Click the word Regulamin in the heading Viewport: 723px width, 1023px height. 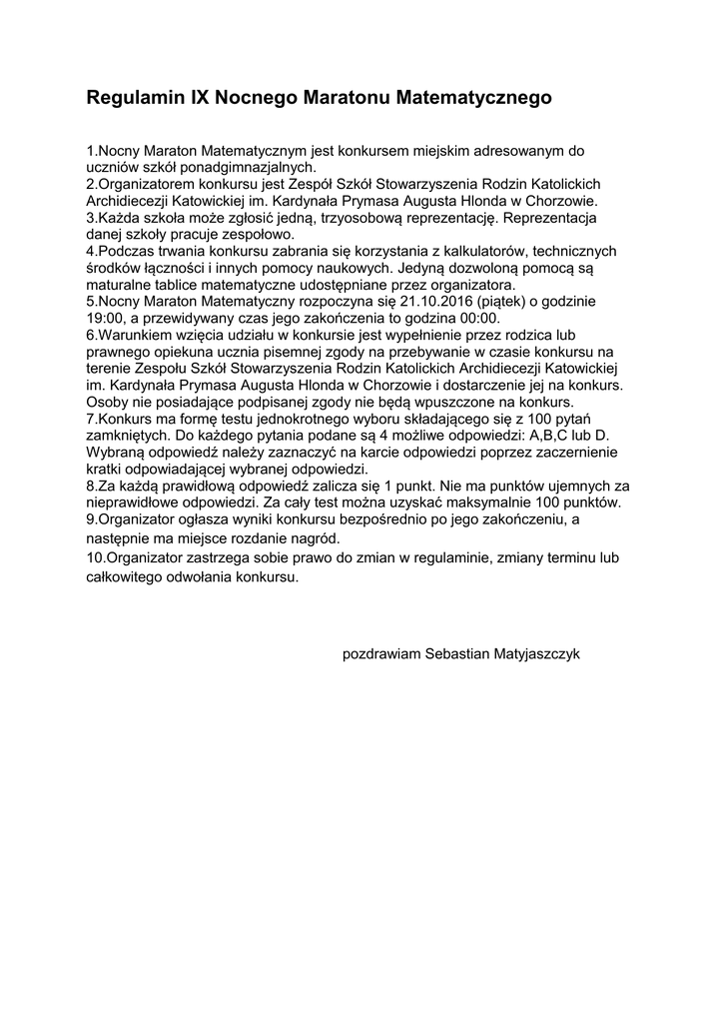[135, 99]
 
